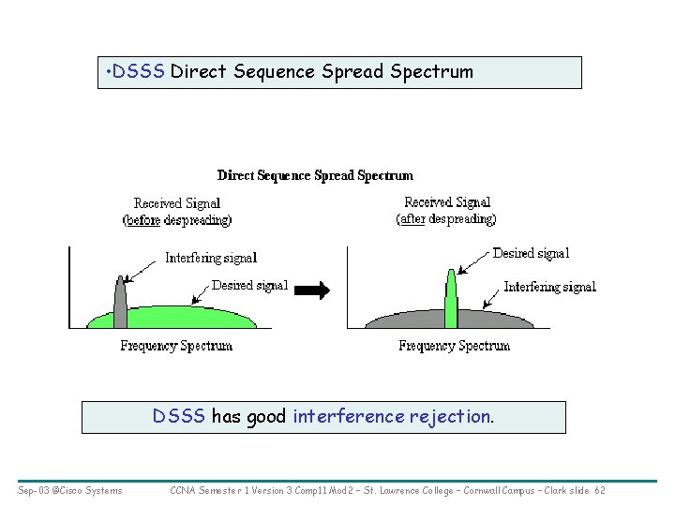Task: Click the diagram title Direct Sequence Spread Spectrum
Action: coord(315,175)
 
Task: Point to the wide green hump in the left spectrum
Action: coord(187,317)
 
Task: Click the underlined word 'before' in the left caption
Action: coord(143,220)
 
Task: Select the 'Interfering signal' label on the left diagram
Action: coord(211,258)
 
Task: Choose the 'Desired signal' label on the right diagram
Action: coord(531,253)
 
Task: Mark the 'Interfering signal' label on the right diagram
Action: coord(550,287)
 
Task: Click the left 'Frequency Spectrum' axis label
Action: coord(176,346)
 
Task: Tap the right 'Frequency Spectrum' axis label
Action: coord(455,346)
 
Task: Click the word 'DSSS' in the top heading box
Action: coord(139,72)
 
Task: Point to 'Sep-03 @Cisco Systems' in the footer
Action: coord(69,490)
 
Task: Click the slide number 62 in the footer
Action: coord(600,490)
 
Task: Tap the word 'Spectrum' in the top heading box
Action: coord(437,72)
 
